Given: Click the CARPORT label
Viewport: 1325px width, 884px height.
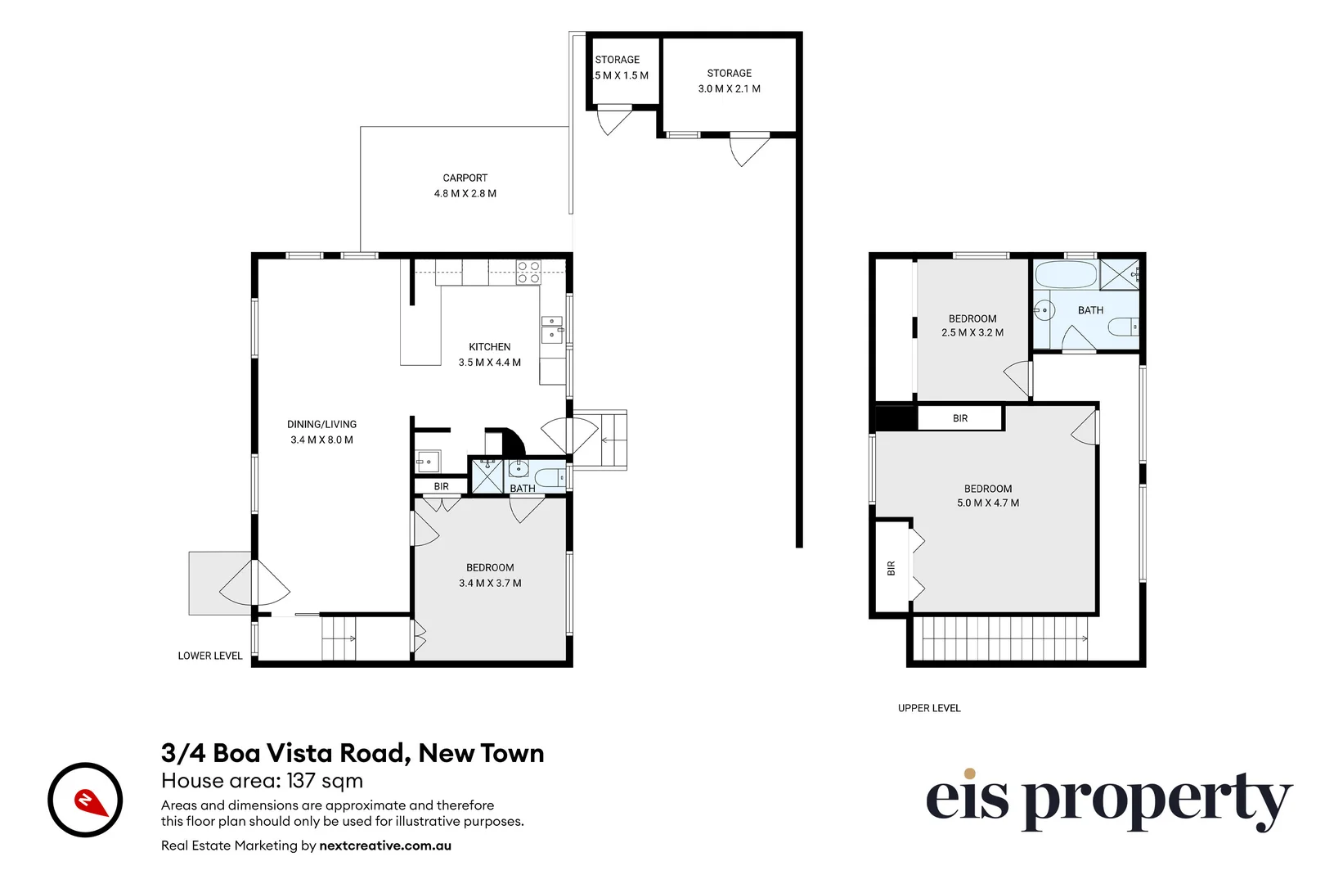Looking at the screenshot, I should coord(465,178).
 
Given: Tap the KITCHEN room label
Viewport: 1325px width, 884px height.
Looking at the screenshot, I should coord(489,347).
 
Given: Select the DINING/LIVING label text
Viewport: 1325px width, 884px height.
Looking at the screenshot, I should coord(321,424).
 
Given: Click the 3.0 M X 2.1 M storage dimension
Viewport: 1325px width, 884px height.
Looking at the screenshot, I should coord(729,88).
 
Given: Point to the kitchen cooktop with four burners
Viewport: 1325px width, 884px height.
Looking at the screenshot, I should coord(528,272).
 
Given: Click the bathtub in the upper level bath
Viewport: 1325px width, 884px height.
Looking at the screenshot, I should coord(1065,275).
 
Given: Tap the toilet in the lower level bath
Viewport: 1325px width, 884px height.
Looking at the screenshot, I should coord(550,477).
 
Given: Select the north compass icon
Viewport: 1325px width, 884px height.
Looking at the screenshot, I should coord(85,800).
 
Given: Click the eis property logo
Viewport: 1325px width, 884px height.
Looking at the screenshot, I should coord(1107,800).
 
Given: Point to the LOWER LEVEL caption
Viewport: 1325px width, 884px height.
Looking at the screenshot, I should coord(210,656).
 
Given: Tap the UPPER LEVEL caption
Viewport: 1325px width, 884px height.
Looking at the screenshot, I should coord(929,708).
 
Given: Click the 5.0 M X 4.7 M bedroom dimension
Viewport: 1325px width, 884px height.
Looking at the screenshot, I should coord(988,503).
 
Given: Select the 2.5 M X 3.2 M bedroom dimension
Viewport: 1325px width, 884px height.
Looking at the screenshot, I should coord(972,332).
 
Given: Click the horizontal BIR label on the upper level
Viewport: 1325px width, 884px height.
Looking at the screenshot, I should coord(960,418).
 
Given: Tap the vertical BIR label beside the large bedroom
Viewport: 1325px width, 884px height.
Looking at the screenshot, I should coord(891,567).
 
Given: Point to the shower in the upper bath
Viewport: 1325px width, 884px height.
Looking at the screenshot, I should coord(1118,274).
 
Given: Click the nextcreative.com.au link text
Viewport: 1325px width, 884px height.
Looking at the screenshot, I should coord(385,846).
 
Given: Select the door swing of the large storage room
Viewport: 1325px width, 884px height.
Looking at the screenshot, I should coord(748,149).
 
